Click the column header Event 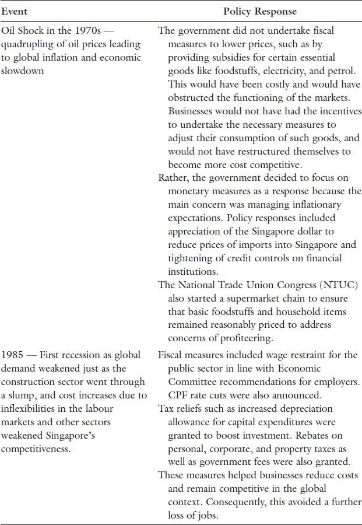point(14,11)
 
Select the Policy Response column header point(259,11)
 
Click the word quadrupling point(26,44)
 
